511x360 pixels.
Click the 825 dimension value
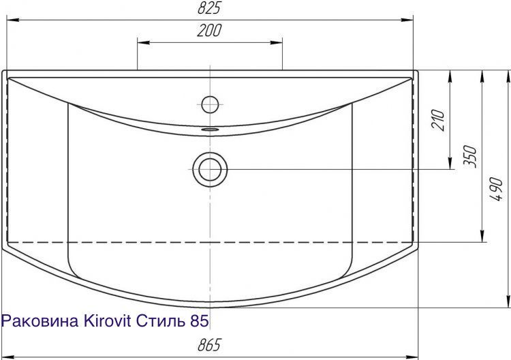coord(209,7)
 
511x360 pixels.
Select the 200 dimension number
coord(209,30)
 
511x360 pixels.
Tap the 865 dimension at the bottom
coord(209,345)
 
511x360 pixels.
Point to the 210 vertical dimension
coord(439,120)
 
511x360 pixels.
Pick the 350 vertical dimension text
coord(470,157)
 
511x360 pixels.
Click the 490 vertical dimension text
coord(496,189)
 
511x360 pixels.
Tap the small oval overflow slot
coord(210,130)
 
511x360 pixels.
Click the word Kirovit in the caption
coord(108,321)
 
